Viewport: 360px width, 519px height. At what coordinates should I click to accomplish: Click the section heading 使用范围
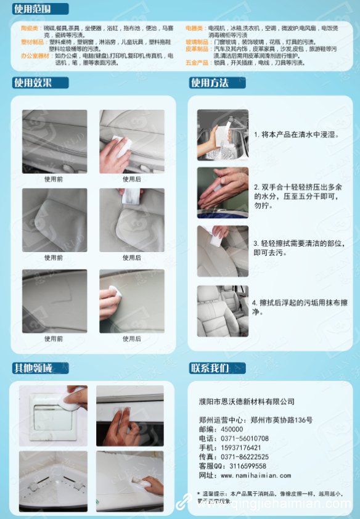click(x=32, y=9)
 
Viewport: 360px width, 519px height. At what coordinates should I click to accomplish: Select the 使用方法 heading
click(x=210, y=83)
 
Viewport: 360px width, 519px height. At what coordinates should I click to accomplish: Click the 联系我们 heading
click(x=210, y=369)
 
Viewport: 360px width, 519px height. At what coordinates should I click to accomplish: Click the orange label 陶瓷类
click(x=30, y=28)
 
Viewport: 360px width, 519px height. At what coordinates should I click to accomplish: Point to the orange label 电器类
click(x=195, y=28)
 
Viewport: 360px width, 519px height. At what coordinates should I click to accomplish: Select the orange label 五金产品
click(x=197, y=62)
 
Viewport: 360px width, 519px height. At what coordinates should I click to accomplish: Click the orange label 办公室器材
click(x=35, y=55)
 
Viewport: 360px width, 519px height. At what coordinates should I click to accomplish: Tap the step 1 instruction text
click(x=297, y=134)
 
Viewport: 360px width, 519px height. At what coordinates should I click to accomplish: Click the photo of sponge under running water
click(x=223, y=134)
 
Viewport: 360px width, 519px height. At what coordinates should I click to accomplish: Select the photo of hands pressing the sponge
click(x=223, y=192)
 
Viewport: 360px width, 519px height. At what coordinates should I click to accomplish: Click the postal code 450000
click(x=232, y=429)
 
